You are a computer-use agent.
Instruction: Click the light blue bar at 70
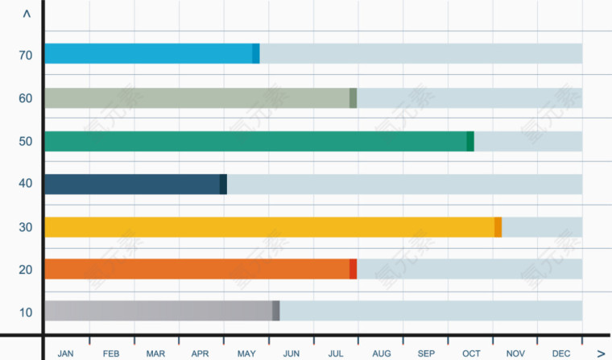[149, 54]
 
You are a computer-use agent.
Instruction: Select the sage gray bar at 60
[197, 98]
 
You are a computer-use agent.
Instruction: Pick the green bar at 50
[256, 141]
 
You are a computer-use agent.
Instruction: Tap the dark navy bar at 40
[133, 184]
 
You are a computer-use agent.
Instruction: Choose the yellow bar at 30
[270, 227]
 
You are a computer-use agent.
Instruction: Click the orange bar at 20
[197, 269]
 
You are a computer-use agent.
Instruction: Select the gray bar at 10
[159, 311]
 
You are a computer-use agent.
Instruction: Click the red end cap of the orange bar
[354, 269]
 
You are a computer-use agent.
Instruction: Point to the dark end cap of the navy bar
[223, 184]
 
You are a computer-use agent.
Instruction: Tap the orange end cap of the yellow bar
[498, 227]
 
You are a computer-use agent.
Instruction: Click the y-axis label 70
[26, 56]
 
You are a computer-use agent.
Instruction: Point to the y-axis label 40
[26, 184]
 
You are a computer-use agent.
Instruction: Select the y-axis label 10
[26, 312]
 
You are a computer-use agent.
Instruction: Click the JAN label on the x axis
[66, 354]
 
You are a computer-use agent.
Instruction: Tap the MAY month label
[246, 354]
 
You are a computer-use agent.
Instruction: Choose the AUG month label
[382, 354]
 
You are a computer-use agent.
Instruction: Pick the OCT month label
[471, 354]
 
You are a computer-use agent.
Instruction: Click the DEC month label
[561, 354]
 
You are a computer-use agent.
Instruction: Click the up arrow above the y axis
[27, 14]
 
